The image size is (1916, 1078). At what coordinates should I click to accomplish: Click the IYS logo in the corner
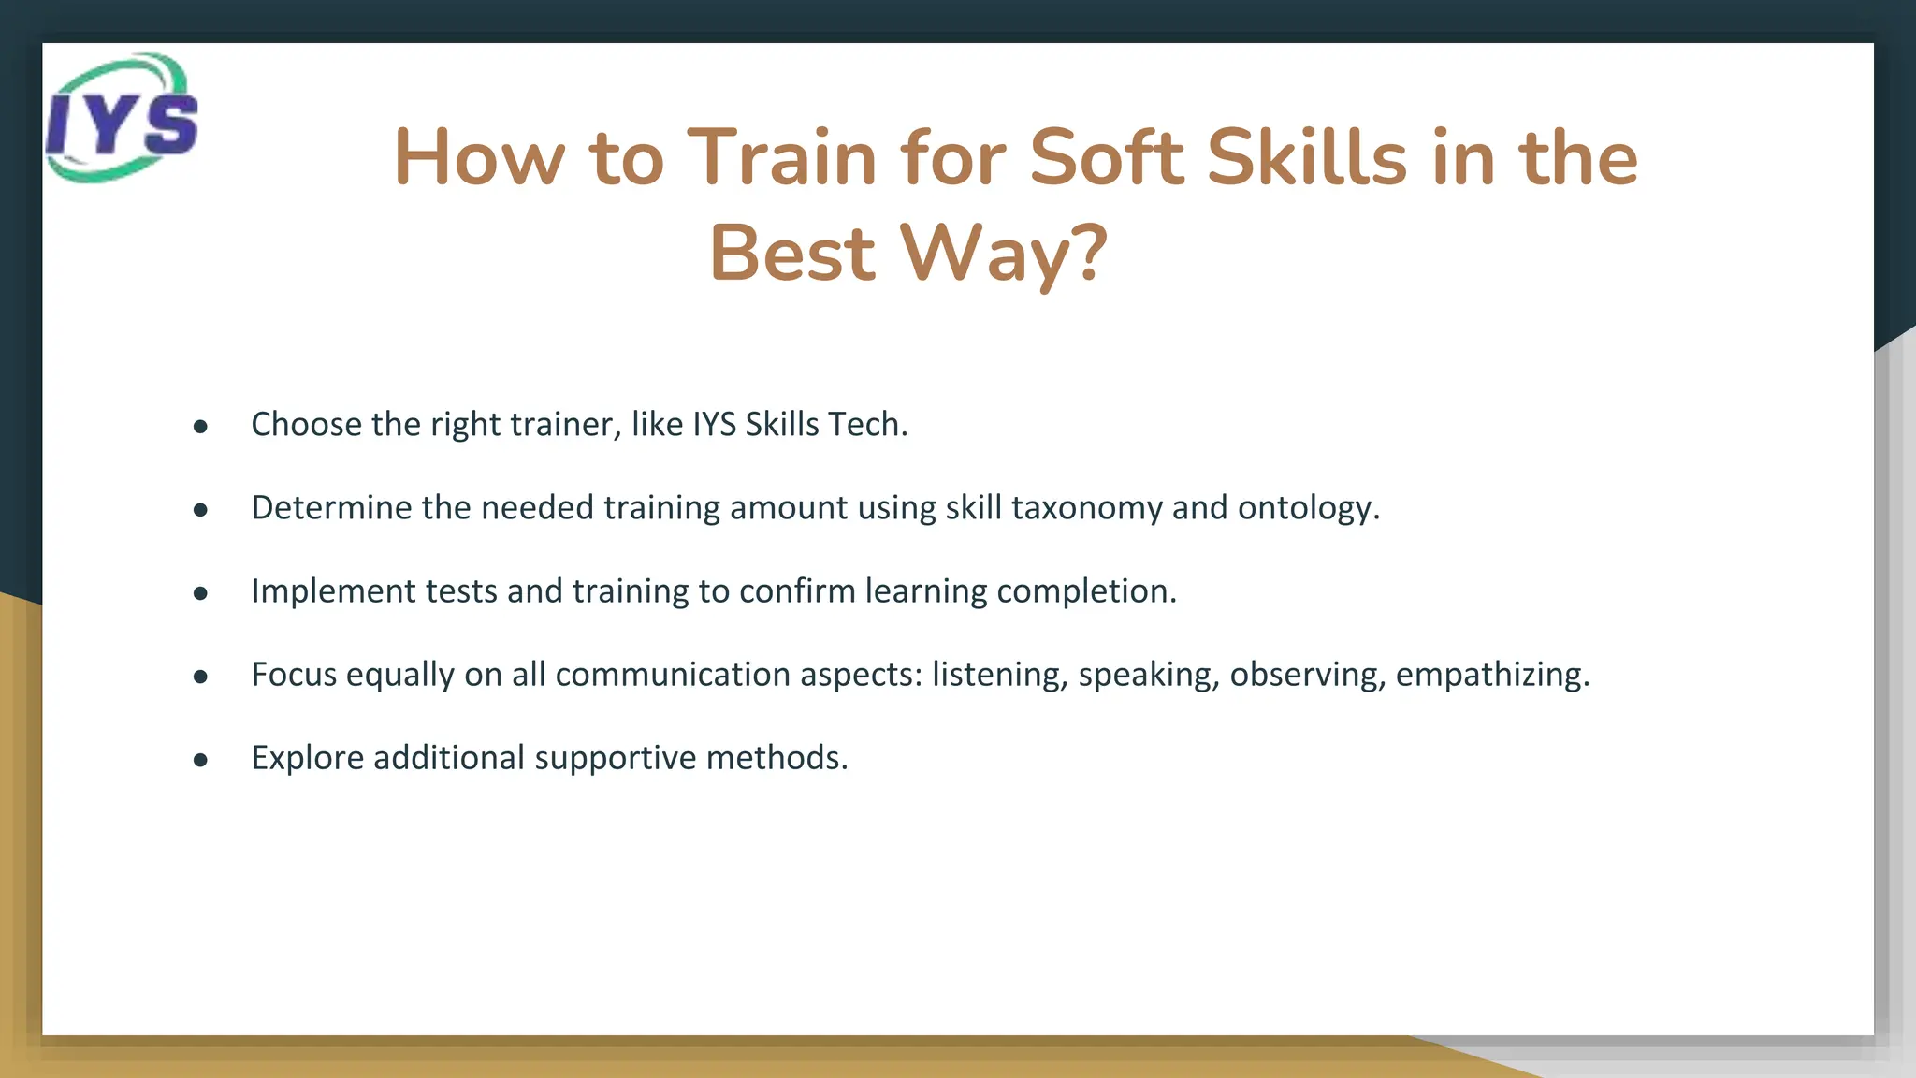[x=122, y=118]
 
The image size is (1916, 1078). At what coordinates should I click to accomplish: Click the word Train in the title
[x=782, y=157]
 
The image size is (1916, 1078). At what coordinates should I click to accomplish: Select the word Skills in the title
[x=1306, y=157]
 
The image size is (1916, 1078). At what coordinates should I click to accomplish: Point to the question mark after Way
[x=1089, y=253]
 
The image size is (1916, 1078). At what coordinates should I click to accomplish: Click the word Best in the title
[x=792, y=253]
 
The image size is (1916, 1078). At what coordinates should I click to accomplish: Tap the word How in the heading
[x=479, y=157]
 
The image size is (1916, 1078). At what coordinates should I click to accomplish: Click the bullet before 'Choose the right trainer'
[x=200, y=427]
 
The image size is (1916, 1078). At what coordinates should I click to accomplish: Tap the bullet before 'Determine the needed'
[x=200, y=510]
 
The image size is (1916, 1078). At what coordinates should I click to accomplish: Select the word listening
[x=999, y=675]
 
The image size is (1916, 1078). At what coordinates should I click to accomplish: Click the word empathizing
[x=1492, y=675]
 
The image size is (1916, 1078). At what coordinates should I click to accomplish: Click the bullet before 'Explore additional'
[x=200, y=760]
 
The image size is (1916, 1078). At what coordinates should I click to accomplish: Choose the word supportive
[x=615, y=758]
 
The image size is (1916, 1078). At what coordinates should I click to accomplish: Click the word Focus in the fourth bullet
[x=294, y=675]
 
